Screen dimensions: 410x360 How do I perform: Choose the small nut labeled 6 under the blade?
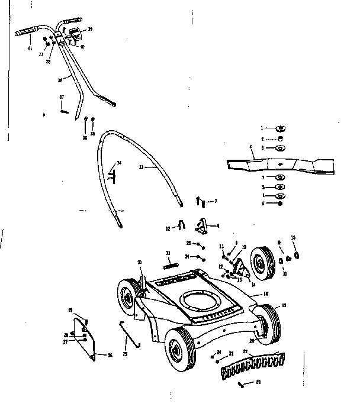click(x=279, y=204)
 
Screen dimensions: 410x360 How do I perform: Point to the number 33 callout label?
click(x=140, y=168)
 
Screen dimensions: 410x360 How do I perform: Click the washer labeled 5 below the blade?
click(x=279, y=186)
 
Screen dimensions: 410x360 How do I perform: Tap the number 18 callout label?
click(x=266, y=293)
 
